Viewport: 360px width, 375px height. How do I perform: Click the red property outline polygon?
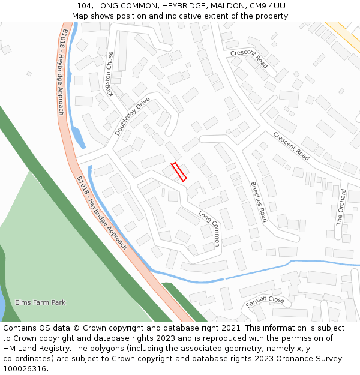(179, 172)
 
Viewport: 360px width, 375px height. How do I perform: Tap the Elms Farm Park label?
(40, 302)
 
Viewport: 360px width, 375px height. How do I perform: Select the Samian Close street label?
(265, 302)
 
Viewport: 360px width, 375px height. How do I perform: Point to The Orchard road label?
(341, 207)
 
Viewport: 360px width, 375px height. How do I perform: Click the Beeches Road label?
(259, 202)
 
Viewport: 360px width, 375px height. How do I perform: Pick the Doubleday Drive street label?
(132, 116)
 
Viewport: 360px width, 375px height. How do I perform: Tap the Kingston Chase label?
(110, 73)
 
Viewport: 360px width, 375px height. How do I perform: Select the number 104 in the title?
(84, 6)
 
